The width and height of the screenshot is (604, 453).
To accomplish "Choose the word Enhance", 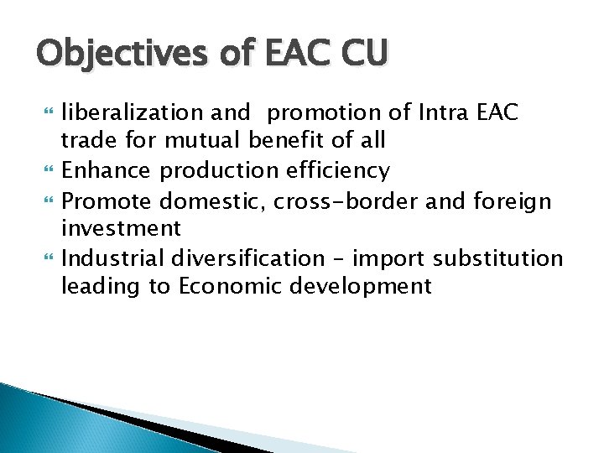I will [107, 171].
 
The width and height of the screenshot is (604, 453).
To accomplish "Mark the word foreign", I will [512, 200].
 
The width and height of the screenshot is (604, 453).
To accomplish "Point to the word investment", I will [121, 229].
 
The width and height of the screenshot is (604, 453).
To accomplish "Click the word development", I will [361, 287].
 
